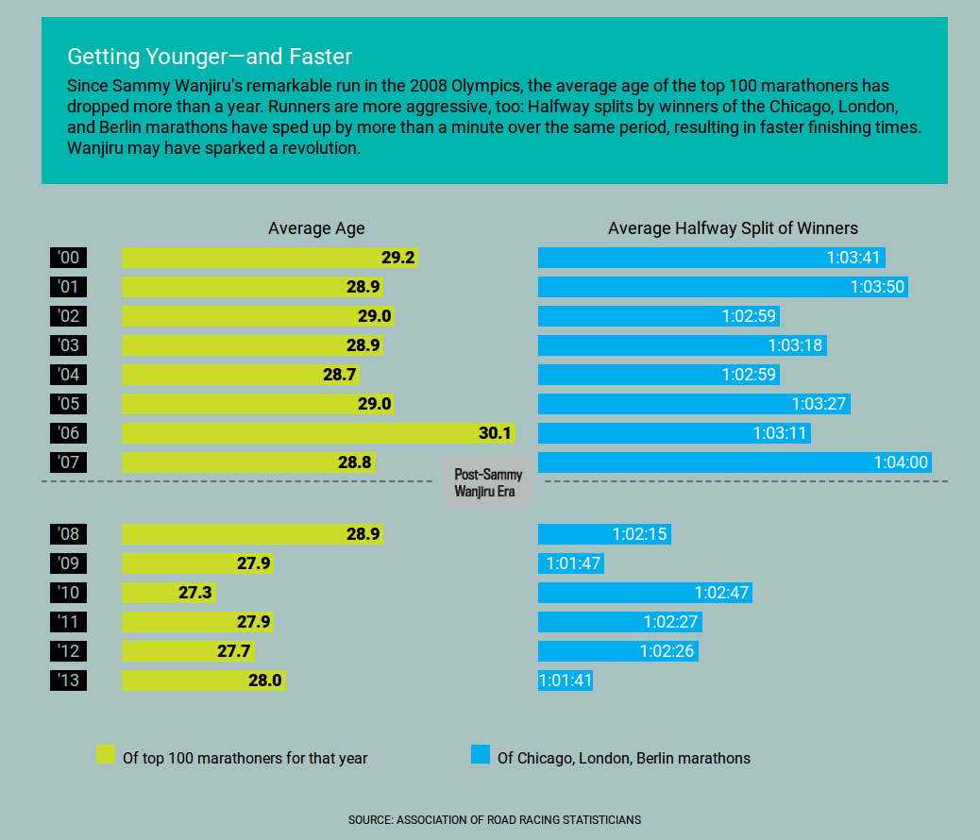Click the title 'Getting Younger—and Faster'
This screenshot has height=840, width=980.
click(x=210, y=56)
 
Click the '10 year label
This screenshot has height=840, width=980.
click(x=68, y=593)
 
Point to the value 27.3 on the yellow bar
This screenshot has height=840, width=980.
click(x=195, y=593)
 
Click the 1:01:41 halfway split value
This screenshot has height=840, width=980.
click(x=566, y=680)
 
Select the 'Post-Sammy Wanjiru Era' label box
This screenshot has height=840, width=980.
click(x=488, y=483)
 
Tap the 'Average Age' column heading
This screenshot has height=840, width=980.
click(x=316, y=228)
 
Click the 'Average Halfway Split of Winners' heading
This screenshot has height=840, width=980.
click(x=733, y=228)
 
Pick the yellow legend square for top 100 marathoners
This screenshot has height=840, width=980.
click(x=105, y=755)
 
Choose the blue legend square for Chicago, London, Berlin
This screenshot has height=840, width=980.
click(x=480, y=755)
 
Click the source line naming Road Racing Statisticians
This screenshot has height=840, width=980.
click(x=494, y=819)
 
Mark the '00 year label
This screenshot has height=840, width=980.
click(x=68, y=258)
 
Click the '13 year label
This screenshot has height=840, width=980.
click(x=68, y=680)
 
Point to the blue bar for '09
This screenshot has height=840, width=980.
click(x=570, y=563)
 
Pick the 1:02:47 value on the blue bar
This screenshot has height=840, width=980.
click(x=721, y=593)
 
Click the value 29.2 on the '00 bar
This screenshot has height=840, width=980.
click(x=398, y=258)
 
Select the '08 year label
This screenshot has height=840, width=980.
click(x=68, y=534)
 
